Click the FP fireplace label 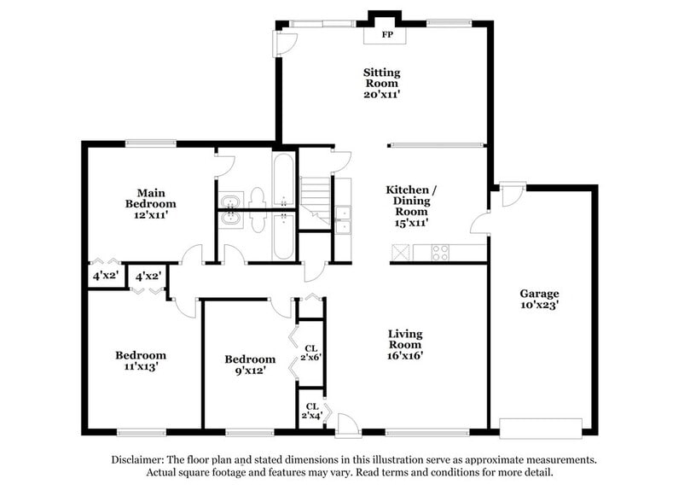pyautogui.click(x=386, y=35)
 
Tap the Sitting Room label pyautogui.click(x=382, y=84)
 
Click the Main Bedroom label pyautogui.click(x=150, y=204)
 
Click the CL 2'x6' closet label pyautogui.click(x=311, y=353)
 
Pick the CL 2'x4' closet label pyautogui.click(x=311, y=412)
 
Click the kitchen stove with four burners pyautogui.click(x=441, y=252)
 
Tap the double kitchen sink pyautogui.click(x=343, y=219)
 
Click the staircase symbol pyautogui.click(x=315, y=201)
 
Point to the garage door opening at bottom pyautogui.click(x=540, y=427)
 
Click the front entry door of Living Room pyautogui.click(x=348, y=423)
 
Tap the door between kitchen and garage pyautogui.click(x=481, y=223)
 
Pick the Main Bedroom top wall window pyautogui.click(x=151, y=143)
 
